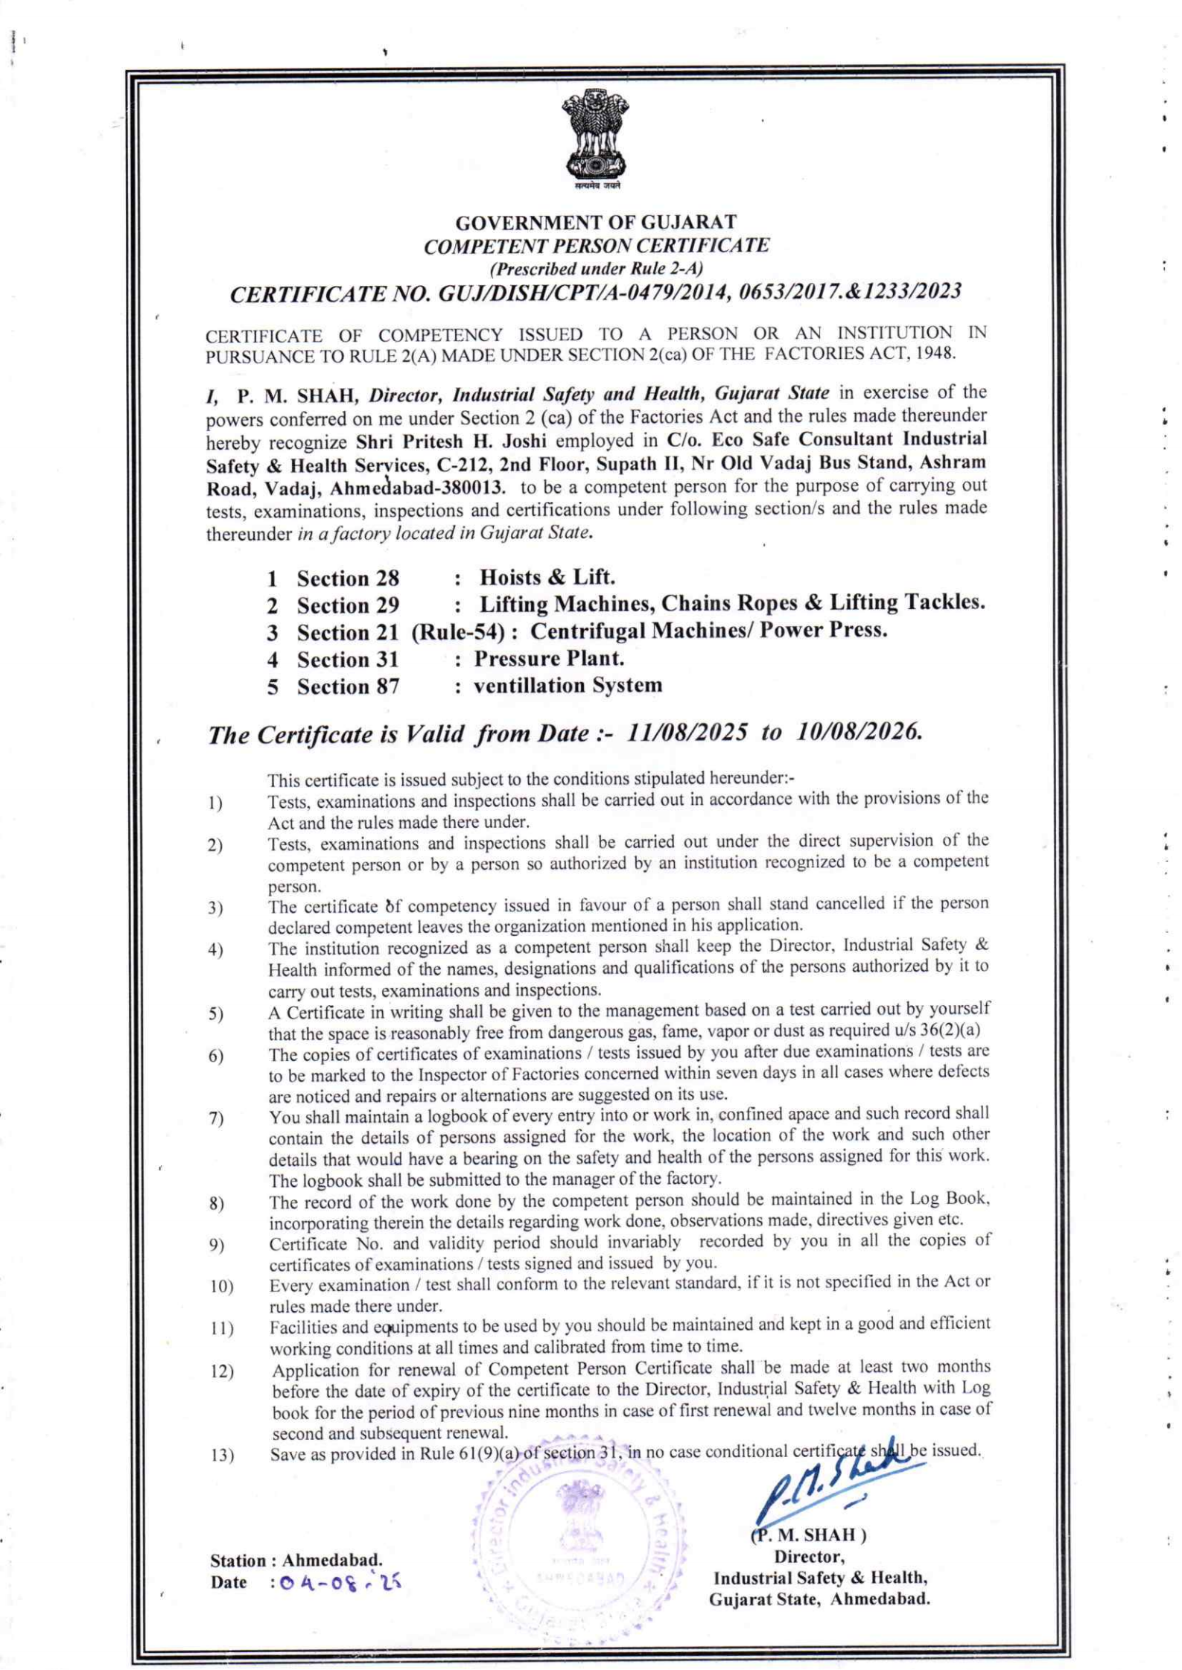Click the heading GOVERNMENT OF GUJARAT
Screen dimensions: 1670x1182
coord(596,223)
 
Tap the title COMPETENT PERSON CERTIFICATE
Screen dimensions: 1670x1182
coord(596,246)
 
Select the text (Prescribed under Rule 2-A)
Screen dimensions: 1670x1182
coord(596,267)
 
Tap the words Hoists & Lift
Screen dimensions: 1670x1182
coord(547,577)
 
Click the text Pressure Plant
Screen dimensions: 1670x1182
coord(549,659)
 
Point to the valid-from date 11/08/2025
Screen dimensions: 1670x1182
coord(688,733)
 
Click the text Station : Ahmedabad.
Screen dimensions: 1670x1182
coord(296,1560)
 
